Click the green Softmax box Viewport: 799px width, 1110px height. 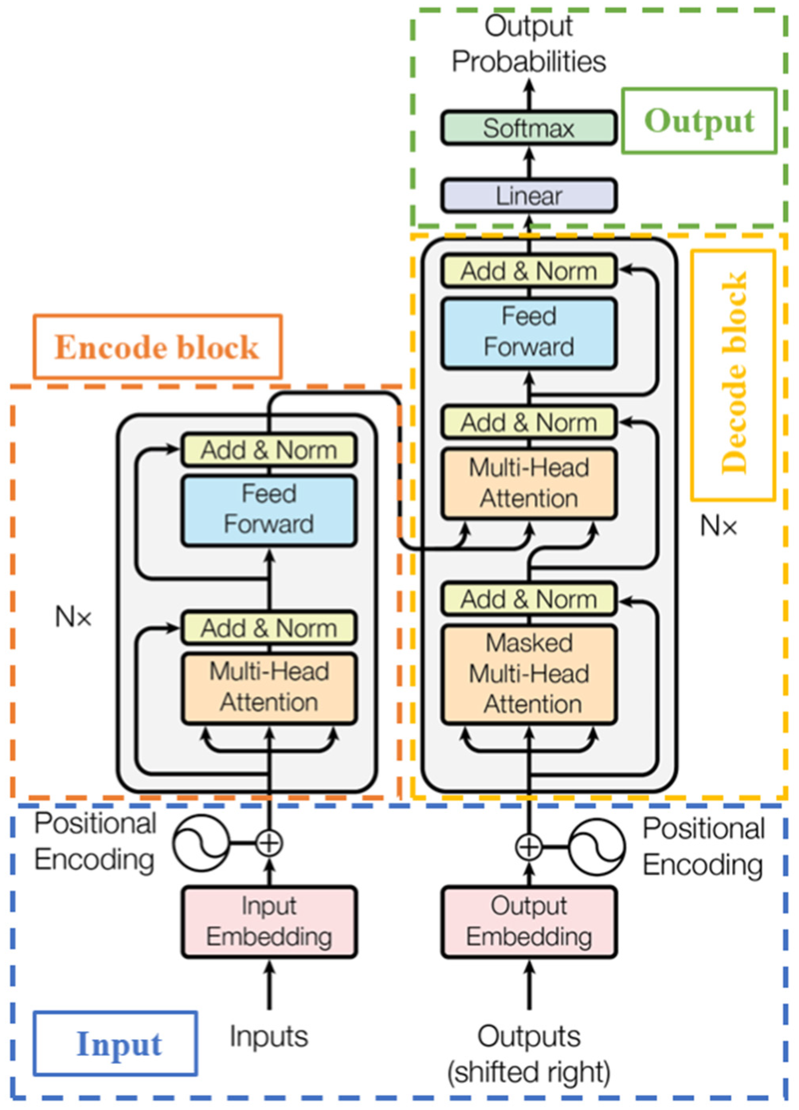(x=528, y=128)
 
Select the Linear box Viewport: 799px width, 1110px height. (x=528, y=196)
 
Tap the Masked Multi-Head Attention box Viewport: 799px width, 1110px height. (x=528, y=674)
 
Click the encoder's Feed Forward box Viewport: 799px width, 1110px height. (x=269, y=509)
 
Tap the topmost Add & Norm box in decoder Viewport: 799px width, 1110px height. (x=528, y=271)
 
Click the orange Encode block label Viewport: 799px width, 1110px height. (x=157, y=347)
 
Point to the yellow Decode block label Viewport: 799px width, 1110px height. (x=733, y=374)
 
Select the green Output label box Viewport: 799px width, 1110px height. (x=699, y=120)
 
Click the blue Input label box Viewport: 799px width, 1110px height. (x=115, y=1043)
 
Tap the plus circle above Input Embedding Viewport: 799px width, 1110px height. (x=269, y=843)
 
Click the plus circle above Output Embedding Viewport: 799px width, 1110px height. (x=528, y=847)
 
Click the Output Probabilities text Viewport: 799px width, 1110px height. (x=528, y=44)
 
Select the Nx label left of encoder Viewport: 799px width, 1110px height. (x=73, y=618)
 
